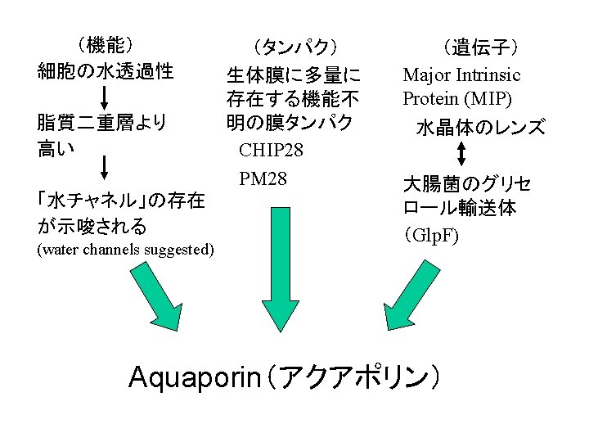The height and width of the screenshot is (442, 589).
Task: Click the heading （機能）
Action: coord(106,45)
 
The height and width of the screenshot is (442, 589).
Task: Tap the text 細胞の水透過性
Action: coord(106,71)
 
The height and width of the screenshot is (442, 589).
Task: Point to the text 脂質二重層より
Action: coord(102,124)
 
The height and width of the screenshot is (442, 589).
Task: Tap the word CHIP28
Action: coord(271,151)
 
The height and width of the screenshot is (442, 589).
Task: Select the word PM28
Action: coord(263,177)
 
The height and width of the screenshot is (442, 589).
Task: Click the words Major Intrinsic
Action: coord(461,75)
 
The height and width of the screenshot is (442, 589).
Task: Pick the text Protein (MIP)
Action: coord(457,99)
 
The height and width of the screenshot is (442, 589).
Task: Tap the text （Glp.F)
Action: coord(431,237)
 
